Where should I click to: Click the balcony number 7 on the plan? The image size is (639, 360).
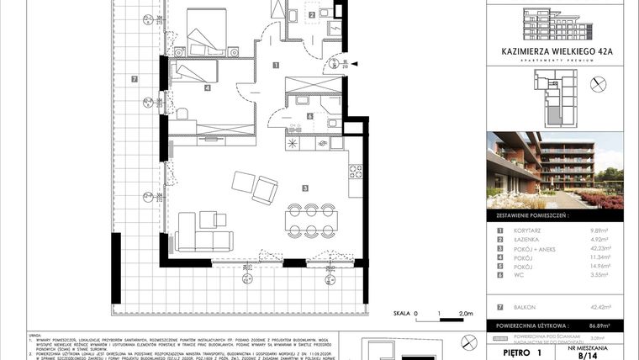(135, 80)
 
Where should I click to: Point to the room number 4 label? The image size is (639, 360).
(206, 87)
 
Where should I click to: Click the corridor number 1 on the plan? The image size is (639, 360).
(276, 65)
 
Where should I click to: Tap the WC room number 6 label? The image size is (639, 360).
(309, 117)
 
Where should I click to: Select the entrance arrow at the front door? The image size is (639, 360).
(355, 63)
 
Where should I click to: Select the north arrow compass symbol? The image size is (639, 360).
(598, 82)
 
